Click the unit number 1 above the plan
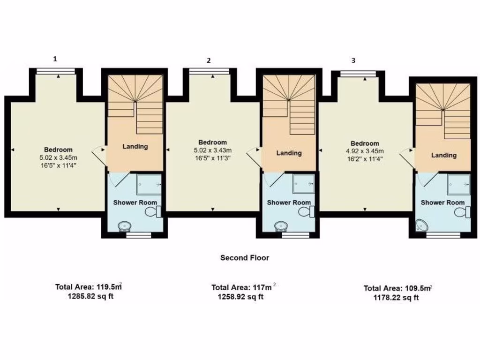(x=55, y=59)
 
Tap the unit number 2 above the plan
(x=209, y=60)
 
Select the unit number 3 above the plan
(x=353, y=60)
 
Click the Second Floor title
(x=245, y=257)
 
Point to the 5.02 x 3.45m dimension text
(x=59, y=157)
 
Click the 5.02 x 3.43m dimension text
(x=212, y=150)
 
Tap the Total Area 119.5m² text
(x=89, y=287)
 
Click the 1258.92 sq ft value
(x=240, y=297)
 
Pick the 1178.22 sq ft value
(x=396, y=297)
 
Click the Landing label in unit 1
(x=135, y=146)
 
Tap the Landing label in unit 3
(x=443, y=155)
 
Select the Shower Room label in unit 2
(x=289, y=202)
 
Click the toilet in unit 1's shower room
(x=153, y=212)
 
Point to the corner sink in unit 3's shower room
(x=422, y=226)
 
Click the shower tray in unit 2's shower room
(x=303, y=184)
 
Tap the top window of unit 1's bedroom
(x=56, y=71)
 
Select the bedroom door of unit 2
(x=254, y=156)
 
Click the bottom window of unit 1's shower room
(x=139, y=235)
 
